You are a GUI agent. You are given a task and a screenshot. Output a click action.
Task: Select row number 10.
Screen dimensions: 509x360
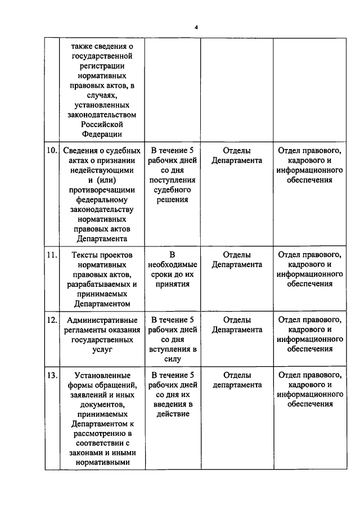52,151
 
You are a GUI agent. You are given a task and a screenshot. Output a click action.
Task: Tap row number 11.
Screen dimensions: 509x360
52,254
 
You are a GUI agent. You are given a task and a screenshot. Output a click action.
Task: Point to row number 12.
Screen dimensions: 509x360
52,320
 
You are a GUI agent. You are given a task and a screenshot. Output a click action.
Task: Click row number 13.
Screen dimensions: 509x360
52,375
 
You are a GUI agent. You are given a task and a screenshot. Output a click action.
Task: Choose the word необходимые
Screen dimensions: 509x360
173,264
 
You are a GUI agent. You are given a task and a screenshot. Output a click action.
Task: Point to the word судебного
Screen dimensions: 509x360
173,190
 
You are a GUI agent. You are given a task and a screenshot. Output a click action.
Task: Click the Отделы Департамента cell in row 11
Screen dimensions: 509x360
237,259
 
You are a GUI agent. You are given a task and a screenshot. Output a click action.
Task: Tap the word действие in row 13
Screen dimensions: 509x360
173,415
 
